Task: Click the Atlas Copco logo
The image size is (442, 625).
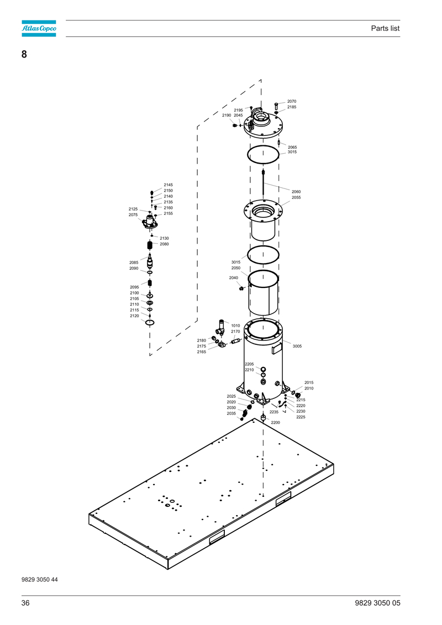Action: (39, 28)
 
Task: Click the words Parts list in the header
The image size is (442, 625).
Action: (385, 28)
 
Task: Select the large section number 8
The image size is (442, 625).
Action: (24, 54)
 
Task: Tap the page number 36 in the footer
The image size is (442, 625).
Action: (25, 603)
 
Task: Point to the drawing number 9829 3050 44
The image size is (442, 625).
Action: (39, 580)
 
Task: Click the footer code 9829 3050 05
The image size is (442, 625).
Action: (377, 603)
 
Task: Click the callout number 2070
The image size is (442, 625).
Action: (292, 101)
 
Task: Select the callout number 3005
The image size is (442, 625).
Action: (297, 346)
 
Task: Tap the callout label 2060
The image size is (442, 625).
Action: (296, 192)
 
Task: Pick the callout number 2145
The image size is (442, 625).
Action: (168, 185)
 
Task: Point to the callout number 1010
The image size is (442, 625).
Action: (235, 325)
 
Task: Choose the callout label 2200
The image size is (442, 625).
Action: (275, 423)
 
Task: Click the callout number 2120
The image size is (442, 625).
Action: (134, 316)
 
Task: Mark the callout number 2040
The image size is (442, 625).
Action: (234, 278)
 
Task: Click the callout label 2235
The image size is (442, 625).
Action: (274, 412)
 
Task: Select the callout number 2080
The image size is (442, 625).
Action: (164, 244)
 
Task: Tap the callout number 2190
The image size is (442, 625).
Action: (227, 115)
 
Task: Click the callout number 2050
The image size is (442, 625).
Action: (236, 268)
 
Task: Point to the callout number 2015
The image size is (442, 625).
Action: (309, 382)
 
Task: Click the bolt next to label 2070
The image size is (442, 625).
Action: (276, 106)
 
